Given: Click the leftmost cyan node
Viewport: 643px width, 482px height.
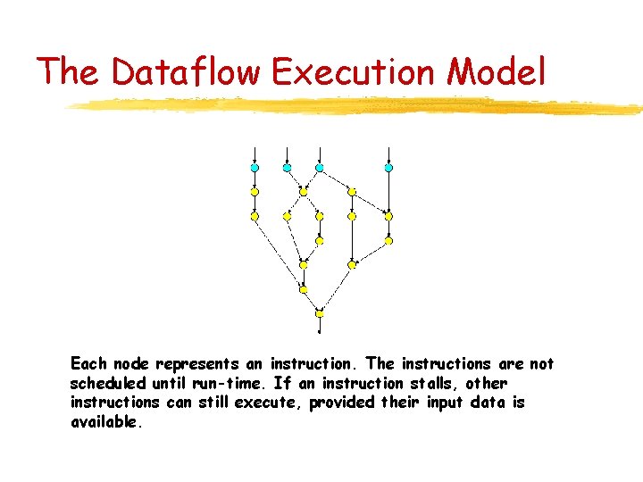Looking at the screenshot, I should [255, 167].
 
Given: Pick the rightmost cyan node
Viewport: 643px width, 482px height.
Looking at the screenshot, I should [388, 167].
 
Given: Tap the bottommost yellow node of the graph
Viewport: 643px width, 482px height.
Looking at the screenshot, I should [320, 313].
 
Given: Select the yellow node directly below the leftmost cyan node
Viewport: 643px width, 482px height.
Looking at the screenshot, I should [255, 191].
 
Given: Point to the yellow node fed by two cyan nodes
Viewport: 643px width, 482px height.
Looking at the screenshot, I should [303, 191].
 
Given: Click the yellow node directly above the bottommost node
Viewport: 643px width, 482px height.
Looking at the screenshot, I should [303, 289].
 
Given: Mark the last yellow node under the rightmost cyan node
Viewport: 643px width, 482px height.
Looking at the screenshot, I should [388, 240].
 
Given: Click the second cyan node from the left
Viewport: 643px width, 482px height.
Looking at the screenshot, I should [287, 167].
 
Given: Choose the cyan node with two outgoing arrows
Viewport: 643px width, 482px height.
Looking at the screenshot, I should [320, 167].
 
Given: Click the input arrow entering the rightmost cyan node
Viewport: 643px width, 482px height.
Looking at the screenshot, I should [388, 154].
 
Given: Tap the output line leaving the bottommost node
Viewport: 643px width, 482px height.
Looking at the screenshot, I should [320, 324].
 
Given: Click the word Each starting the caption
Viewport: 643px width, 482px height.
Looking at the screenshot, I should [88, 364].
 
